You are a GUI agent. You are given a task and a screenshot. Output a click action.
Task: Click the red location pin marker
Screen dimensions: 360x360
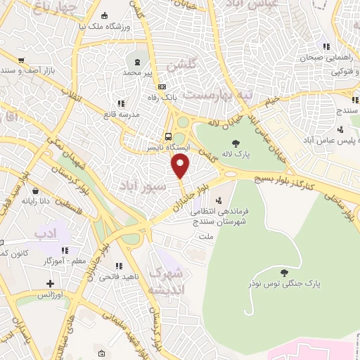(x=181, y=166)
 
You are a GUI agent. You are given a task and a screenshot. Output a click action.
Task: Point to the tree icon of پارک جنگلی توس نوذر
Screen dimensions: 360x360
(x=284, y=273)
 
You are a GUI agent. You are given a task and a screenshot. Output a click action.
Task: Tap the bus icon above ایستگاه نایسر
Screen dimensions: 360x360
(x=167, y=137)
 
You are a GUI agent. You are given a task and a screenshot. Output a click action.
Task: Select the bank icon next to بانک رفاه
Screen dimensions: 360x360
(x=162, y=86)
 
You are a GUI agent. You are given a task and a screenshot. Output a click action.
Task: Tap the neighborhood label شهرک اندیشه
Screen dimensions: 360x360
(x=169, y=281)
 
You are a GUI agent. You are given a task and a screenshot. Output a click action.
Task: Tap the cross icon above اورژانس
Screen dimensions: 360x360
(x=49, y=283)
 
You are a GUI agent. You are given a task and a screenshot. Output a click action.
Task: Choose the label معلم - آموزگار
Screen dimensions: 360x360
(x=64, y=260)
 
